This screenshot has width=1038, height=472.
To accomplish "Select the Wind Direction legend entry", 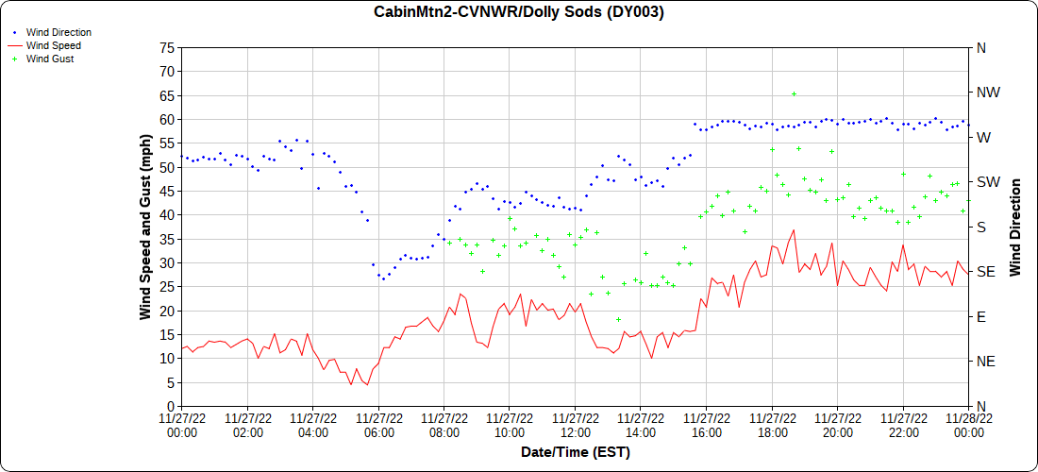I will tap(59, 32).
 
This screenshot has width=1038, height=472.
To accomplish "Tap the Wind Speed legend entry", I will tap(53, 45).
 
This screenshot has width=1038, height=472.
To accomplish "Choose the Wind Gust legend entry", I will tap(50, 59).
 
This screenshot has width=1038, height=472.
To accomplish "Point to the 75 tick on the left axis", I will tap(168, 47).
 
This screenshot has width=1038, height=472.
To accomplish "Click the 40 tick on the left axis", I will tap(168, 214).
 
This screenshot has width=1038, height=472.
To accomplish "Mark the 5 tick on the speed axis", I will tap(171, 381).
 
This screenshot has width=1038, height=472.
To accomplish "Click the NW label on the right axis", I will tap(988, 93).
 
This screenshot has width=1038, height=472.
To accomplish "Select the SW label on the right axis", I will tap(988, 181).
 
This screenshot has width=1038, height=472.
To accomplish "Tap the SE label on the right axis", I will tap(986, 271).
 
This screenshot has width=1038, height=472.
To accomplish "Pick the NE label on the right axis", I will tap(986, 361).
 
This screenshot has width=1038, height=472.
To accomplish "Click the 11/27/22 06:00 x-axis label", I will tap(378, 425).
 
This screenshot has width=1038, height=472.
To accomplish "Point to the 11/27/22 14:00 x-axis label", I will tap(641, 425).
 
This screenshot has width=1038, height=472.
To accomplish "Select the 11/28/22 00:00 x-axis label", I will tap(968, 425).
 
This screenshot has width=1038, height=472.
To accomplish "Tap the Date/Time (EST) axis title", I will tap(575, 452).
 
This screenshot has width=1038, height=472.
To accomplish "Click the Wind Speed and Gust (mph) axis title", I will tap(145, 227).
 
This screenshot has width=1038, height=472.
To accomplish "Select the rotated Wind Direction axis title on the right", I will tap(1015, 227).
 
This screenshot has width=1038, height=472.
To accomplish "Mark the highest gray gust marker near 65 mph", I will tap(794, 93).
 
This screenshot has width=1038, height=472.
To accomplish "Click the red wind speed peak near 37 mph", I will tap(794, 229).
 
